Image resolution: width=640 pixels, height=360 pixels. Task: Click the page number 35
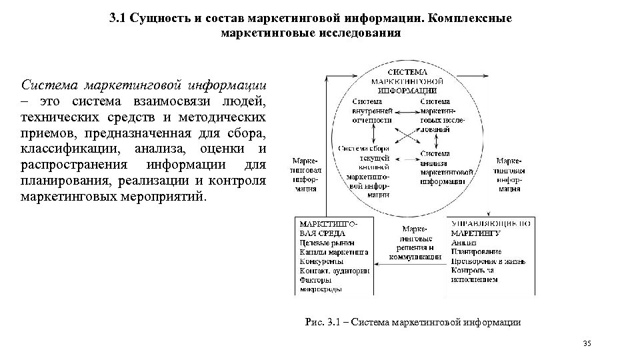587,343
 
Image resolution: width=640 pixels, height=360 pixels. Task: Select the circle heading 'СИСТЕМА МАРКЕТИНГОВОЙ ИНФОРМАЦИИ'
408,80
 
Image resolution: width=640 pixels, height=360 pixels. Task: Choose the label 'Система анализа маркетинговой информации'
442,167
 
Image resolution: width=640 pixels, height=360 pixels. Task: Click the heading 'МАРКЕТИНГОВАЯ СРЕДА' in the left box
323,229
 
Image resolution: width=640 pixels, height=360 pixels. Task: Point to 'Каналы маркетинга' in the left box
333,252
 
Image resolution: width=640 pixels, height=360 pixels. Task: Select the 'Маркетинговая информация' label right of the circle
509,175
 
